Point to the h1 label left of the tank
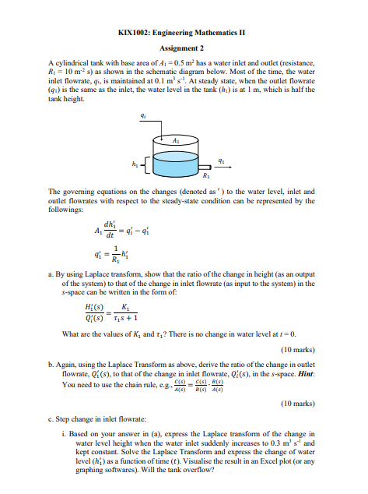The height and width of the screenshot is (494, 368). pyautogui.click(x=138, y=163)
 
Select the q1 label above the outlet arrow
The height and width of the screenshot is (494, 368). pyautogui.click(x=223, y=153)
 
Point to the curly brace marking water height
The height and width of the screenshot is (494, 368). pyautogui.click(x=146, y=164)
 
